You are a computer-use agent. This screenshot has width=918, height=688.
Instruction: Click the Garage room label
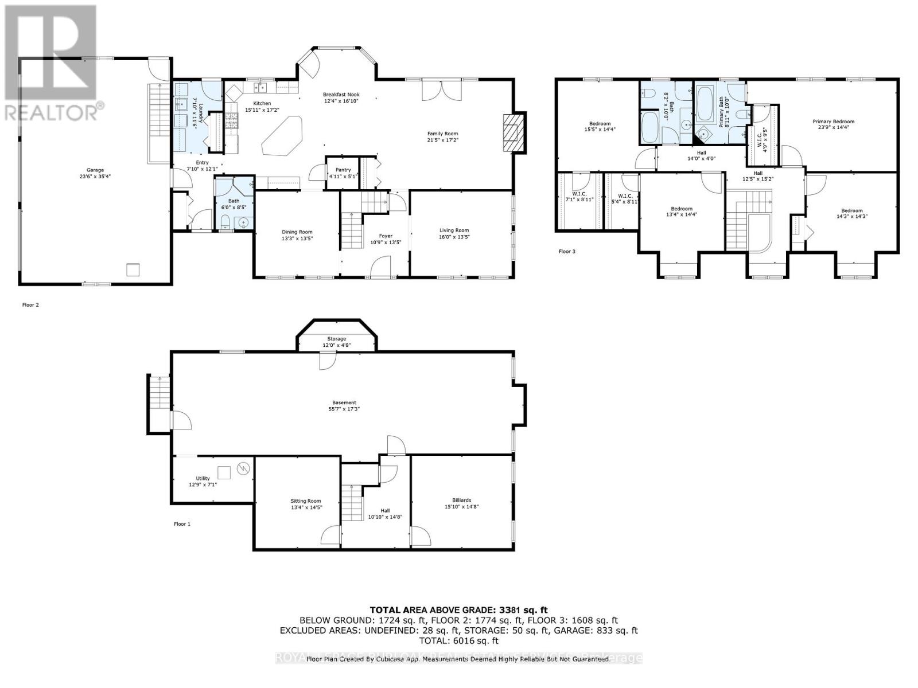coord(95,170)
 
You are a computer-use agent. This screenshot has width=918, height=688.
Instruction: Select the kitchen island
coord(283,136)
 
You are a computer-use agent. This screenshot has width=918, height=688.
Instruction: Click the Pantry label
coord(343,170)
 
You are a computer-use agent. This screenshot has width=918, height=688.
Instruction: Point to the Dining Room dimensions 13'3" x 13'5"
coord(297,239)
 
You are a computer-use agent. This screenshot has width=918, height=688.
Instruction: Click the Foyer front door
coord(381,267)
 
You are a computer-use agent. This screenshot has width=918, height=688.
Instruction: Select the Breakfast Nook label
coord(341,95)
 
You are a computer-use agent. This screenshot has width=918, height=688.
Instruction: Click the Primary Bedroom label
coord(833,122)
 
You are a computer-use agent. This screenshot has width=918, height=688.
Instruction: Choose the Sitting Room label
coord(305,501)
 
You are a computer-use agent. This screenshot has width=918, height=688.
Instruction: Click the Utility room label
coord(203,478)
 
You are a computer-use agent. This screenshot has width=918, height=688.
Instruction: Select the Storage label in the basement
coord(336,339)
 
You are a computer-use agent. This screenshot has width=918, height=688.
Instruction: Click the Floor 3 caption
coord(567,251)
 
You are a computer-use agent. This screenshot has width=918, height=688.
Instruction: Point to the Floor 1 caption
coord(182,524)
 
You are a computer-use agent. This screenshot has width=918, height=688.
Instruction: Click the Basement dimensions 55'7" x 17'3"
coord(344,409)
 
